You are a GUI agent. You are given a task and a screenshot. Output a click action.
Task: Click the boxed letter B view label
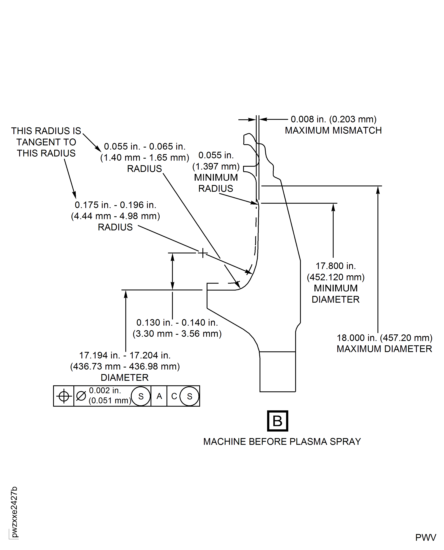click(x=278, y=421)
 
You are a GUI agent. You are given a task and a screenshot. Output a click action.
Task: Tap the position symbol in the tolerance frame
click(x=64, y=396)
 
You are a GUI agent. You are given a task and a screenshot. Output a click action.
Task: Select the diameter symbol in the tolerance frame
click(x=81, y=396)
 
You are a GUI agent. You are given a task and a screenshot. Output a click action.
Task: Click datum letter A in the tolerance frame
click(x=159, y=396)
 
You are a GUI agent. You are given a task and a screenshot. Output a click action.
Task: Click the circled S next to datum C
click(x=189, y=396)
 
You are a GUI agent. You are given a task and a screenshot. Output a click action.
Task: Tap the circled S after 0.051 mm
click(x=141, y=396)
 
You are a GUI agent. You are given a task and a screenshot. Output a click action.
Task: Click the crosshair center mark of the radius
click(x=203, y=253)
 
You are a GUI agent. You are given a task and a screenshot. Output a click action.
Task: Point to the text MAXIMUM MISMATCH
click(x=333, y=130)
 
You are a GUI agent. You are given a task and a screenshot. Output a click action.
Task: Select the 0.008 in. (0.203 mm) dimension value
click(x=333, y=119)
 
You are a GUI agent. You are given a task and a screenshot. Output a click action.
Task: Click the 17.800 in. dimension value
click(x=335, y=266)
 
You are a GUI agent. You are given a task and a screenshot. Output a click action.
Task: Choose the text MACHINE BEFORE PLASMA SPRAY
click(x=282, y=442)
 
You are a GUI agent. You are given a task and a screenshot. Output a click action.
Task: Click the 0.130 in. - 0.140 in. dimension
click(x=177, y=323)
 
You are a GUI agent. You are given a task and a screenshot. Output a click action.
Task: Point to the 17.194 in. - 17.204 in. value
click(x=125, y=355)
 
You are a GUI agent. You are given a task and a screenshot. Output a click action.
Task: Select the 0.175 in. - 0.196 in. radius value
click(x=115, y=205)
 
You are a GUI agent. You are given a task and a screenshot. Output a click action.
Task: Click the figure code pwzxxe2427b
click(x=14, y=512)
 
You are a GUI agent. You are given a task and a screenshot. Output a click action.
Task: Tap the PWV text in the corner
click(x=426, y=537)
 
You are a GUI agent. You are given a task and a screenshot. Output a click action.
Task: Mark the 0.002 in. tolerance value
click(x=105, y=391)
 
